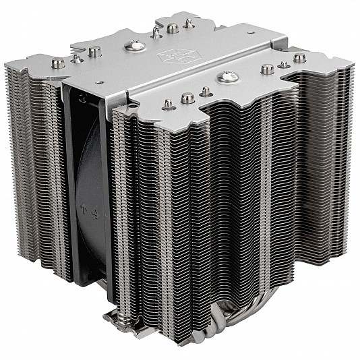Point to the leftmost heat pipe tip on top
(59, 63)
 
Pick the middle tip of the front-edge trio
(187, 98)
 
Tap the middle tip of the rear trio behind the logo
(173, 28)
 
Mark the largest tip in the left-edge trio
(94, 51)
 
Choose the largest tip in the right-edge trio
(268, 69)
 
